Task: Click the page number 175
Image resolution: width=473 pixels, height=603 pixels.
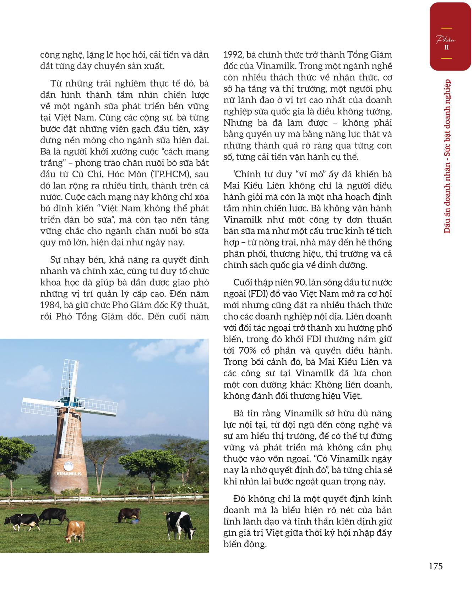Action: point(436,566)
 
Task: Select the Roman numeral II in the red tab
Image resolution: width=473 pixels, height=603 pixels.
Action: point(446,47)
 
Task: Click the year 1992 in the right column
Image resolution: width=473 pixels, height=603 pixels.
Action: point(233,55)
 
